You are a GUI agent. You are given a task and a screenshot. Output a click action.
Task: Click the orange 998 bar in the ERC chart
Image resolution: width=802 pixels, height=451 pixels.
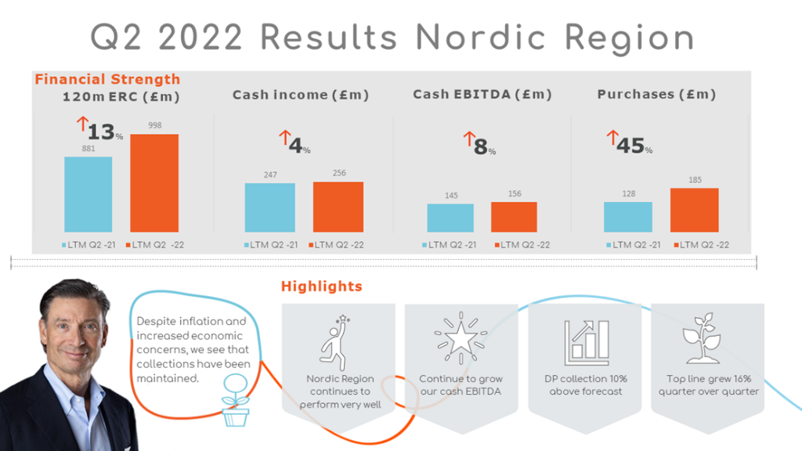point(154,183)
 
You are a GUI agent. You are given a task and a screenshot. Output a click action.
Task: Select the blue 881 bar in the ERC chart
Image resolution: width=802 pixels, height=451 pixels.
point(88,194)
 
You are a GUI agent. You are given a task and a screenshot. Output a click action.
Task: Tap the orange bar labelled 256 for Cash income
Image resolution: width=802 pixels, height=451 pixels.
point(338,207)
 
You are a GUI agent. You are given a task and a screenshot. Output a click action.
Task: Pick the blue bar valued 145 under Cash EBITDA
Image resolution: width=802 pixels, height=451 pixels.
point(450,218)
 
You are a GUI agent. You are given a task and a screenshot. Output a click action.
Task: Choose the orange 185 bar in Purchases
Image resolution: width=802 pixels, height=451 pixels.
point(695,210)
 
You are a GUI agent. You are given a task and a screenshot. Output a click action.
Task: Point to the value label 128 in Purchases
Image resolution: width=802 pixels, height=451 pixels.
point(629,194)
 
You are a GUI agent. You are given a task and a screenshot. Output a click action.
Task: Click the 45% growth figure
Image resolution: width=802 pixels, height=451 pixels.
point(634,146)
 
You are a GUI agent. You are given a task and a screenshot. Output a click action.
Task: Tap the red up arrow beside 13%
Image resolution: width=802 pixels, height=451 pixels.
point(82,124)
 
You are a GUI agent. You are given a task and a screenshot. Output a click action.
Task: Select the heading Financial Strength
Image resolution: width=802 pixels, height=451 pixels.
point(107,79)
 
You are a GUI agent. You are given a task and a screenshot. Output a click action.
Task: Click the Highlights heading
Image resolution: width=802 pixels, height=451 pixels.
point(322,287)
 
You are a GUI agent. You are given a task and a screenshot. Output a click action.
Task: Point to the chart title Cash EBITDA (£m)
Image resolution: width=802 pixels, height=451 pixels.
point(482,95)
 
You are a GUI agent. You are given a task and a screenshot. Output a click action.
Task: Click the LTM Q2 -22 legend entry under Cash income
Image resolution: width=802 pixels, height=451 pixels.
point(337,245)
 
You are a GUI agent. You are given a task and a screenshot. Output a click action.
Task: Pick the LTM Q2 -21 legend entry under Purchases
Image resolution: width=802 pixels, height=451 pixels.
point(633,245)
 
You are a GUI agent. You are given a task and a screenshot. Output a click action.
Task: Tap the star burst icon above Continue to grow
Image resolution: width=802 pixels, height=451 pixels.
point(461,338)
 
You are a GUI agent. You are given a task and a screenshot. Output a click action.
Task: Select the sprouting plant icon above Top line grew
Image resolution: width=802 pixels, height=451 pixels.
point(702,338)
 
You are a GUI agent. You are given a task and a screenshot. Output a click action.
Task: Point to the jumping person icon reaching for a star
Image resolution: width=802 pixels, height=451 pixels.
point(335,342)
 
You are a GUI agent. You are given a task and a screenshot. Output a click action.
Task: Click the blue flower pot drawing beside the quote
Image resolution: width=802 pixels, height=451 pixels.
point(235,400)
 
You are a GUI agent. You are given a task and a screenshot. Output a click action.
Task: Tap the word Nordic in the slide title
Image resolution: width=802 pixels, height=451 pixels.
point(481,38)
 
